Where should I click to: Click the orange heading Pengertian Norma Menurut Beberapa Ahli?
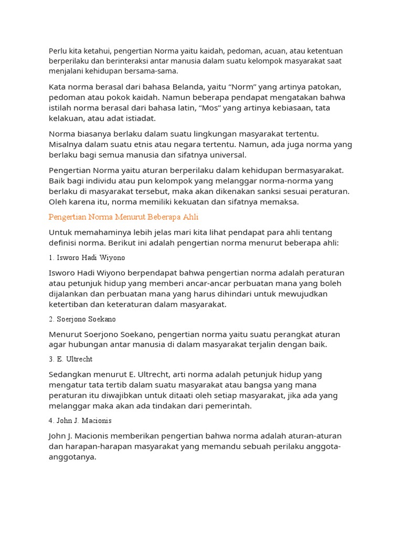pyautogui.click(x=123, y=217)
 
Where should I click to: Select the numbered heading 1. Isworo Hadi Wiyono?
pyautogui.click(x=87, y=258)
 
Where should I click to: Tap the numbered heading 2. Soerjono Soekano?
pyautogui.click(x=82, y=319)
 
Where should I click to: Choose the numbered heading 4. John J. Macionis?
pyautogui.click(x=80, y=421)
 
